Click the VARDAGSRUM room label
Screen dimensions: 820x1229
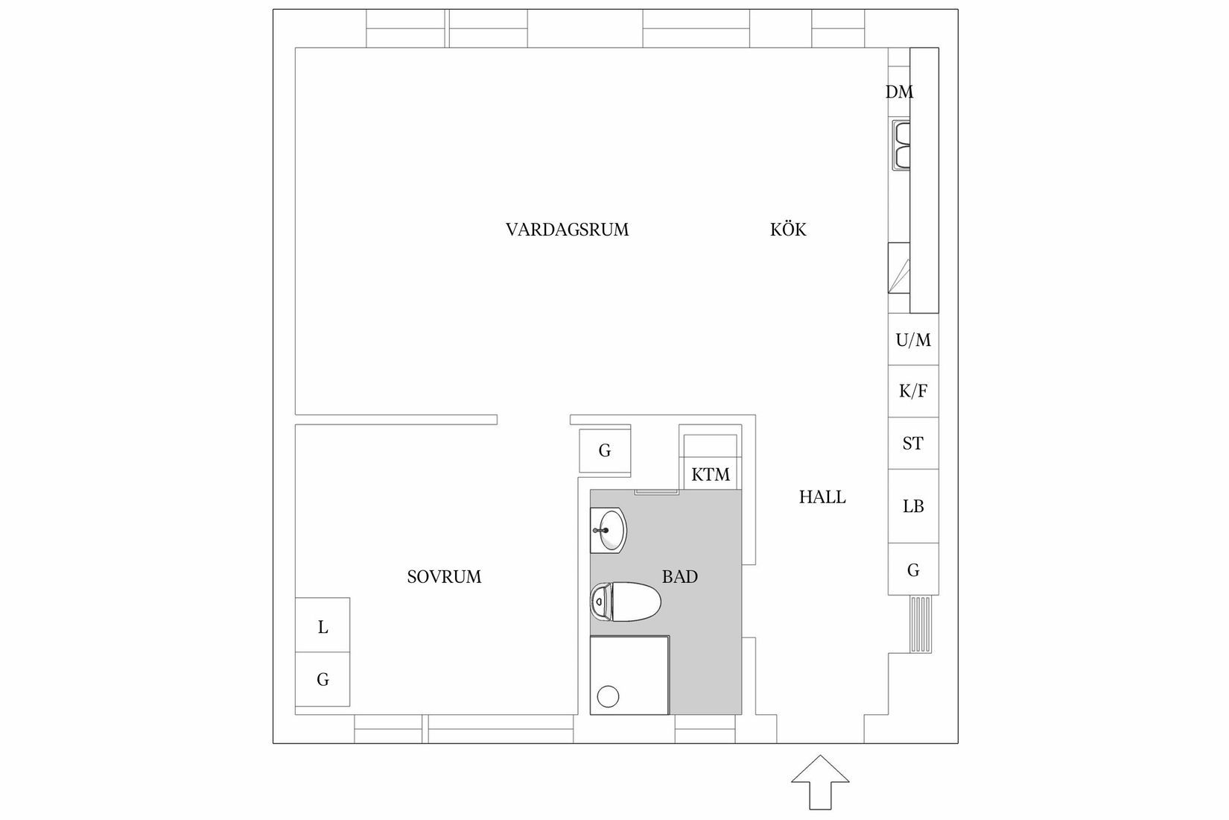point(567,230)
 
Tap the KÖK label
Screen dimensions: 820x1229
point(788,230)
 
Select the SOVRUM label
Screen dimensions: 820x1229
point(444,577)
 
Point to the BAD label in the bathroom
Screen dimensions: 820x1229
point(679,576)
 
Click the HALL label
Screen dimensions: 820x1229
point(822,497)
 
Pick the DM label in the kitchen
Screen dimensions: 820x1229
point(899,92)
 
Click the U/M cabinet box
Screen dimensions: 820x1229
point(913,340)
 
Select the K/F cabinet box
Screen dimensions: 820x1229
point(913,391)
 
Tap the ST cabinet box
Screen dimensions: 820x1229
point(913,444)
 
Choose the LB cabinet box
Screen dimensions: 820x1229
point(913,506)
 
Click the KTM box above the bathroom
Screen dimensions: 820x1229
point(711,475)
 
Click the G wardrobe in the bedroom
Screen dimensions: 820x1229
point(323,680)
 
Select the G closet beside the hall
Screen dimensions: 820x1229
point(913,570)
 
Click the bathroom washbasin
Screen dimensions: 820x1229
point(609,531)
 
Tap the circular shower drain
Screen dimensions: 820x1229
point(609,696)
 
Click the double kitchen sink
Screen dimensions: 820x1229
point(901,145)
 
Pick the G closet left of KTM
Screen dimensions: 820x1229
point(605,450)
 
